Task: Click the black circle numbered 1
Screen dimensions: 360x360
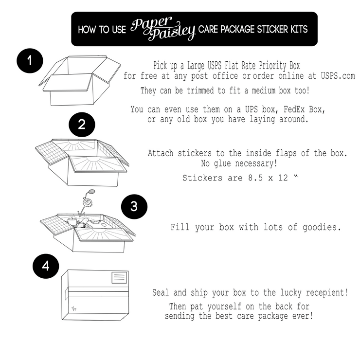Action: coord(30,61)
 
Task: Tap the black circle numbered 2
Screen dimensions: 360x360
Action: coord(82,125)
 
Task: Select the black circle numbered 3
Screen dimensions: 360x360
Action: coord(134,207)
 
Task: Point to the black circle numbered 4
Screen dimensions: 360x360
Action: coord(46,266)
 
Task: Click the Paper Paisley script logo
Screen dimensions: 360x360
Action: coord(162,29)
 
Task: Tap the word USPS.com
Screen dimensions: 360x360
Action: coord(338,76)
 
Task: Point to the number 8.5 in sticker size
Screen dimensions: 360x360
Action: coord(255,178)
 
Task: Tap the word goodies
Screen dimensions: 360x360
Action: coord(322,227)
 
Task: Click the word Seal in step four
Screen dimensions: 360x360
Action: coord(161,292)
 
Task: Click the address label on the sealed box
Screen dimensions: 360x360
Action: coord(119,278)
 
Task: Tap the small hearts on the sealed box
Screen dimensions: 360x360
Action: coord(73,309)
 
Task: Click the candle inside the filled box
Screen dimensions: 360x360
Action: coord(72,221)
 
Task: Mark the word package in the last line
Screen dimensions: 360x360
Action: coord(273,316)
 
